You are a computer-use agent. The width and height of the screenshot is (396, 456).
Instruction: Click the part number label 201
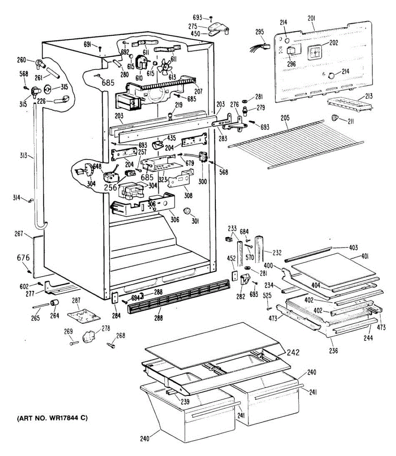tap(311, 19)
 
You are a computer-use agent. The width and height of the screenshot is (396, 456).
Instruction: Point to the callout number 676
tap(23, 258)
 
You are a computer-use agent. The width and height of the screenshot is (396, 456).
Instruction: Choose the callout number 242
tap(293, 352)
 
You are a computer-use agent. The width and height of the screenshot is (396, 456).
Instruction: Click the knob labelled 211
tap(334, 118)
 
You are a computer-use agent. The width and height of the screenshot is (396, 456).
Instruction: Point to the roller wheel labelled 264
tap(54, 303)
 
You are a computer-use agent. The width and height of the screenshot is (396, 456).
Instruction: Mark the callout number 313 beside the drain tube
tap(24, 155)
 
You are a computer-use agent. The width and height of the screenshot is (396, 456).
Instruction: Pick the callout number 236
tap(333, 351)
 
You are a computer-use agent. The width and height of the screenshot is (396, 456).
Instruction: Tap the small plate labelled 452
tap(234, 276)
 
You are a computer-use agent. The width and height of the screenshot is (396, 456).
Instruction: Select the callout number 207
tap(198, 91)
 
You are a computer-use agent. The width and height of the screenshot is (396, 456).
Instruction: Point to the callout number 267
tap(19, 233)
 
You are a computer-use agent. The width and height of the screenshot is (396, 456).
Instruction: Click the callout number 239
tap(185, 401)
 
